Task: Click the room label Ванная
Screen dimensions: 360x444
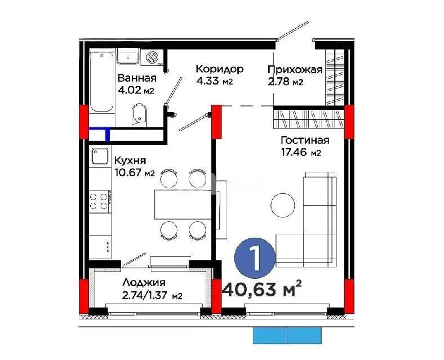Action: (x=137, y=78)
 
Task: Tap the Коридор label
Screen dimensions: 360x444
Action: (x=219, y=69)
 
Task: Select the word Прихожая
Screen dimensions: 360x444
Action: (x=295, y=70)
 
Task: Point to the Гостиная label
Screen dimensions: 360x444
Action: (x=304, y=141)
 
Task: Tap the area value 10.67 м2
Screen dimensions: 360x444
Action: (x=134, y=172)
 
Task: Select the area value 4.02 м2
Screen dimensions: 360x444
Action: (x=136, y=90)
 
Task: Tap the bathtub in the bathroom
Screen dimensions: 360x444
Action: (x=102, y=82)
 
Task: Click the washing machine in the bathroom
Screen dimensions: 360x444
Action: (x=153, y=57)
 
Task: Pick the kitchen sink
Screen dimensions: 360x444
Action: (x=100, y=156)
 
